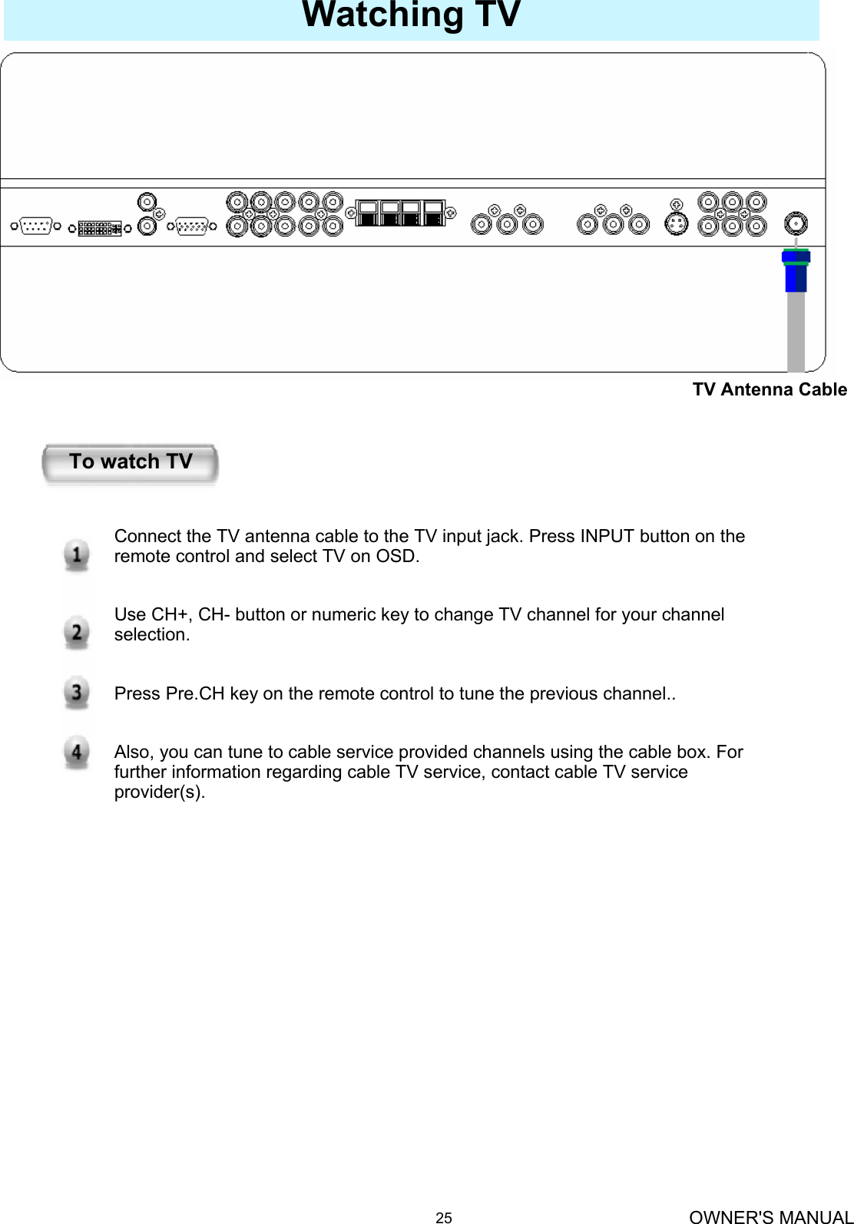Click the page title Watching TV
(x=412, y=15)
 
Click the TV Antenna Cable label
(x=770, y=390)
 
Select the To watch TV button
(x=131, y=463)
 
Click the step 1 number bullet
(x=76, y=554)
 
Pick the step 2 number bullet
(x=76, y=632)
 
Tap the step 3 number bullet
(x=76, y=693)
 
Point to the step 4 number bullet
(x=76, y=752)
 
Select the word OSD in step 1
(x=396, y=556)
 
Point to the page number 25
(x=444, y=1217)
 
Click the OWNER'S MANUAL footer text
(x=770, y=1216)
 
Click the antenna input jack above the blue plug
(x=796, y=223)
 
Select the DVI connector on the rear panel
(x=100, y=228)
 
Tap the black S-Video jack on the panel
(x=676, y=224)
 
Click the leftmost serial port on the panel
(x=35, y=227)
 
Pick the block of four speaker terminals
(x=400, y=213)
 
